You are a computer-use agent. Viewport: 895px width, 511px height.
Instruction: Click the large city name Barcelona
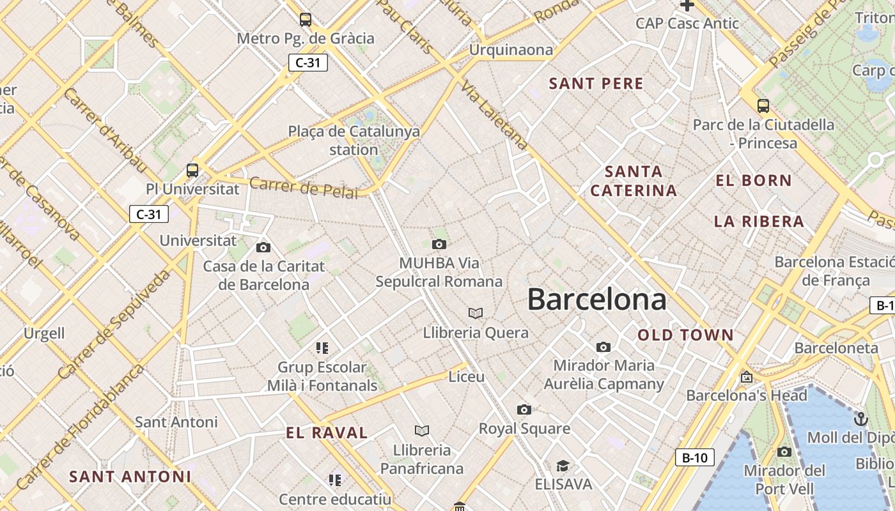click(x=596, y=300)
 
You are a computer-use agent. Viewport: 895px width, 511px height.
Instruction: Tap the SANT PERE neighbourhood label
click(x=596, y=84)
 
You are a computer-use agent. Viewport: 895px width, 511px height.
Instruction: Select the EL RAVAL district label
click(x=327, y=433)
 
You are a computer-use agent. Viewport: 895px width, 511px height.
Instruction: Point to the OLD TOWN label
click(x=686, y=335)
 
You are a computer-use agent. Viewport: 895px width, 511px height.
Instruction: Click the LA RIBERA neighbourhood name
click(x=759, y=222)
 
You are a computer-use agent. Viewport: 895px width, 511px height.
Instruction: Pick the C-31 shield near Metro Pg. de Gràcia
click(x=307, y=63)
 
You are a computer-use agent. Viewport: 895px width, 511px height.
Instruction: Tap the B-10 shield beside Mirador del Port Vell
click(x=694, y=457)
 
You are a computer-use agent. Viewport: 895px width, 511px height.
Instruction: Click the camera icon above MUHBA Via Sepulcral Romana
click(x=439, y=244)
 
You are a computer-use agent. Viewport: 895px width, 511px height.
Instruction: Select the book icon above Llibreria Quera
click(x=475, y=313)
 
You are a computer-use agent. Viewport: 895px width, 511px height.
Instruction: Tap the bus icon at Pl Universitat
click(x=192, y=171)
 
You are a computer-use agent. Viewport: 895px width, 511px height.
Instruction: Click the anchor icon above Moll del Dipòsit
click(x=861, y=419)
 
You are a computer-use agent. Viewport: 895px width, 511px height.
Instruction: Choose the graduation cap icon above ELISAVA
click(x=563, y=466)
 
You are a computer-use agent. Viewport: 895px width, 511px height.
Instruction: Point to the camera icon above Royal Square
click(x=524, y=409)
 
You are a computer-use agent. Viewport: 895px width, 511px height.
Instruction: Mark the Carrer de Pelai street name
click(x=303, y=187)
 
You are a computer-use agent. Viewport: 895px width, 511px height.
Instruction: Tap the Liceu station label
click(x=467, y=377)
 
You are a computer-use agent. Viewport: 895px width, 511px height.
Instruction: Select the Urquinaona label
click(x=511, y=50)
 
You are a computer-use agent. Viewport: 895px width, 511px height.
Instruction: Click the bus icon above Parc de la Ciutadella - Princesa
click(x=763, y=106)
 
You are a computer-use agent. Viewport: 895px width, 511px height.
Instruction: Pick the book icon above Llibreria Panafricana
click(x=421, y=431)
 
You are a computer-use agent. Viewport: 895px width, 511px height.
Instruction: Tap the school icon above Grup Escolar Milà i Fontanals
click(x=322, y=348)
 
